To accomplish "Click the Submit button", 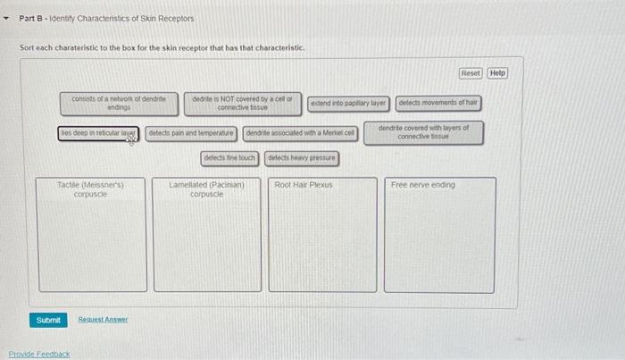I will [x=48, y=319].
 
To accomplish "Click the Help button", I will [x=497, y=72].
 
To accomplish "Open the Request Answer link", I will [x=103, y=319].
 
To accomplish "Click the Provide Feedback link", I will [x=38, y=354].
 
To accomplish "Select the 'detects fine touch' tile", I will [x=229, y=158].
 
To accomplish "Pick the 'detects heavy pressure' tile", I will [x=302, y=158].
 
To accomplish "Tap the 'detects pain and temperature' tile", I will [x=191, y=134].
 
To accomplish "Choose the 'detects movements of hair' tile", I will [x=437, y=103].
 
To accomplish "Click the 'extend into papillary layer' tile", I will [x=348, y=104].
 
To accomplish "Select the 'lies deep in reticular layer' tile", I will [x=98, y=134].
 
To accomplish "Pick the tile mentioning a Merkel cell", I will [x=300, y=134].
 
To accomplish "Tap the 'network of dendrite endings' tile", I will [x=119, y=104].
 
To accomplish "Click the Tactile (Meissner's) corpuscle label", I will [x=90, y=188].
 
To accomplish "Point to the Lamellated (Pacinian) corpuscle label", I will [x=206, y=188].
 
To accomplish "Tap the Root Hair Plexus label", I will [x=304, y=185].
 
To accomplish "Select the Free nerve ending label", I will [x=422, y=185].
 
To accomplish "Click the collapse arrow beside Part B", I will [x=8, y=18].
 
